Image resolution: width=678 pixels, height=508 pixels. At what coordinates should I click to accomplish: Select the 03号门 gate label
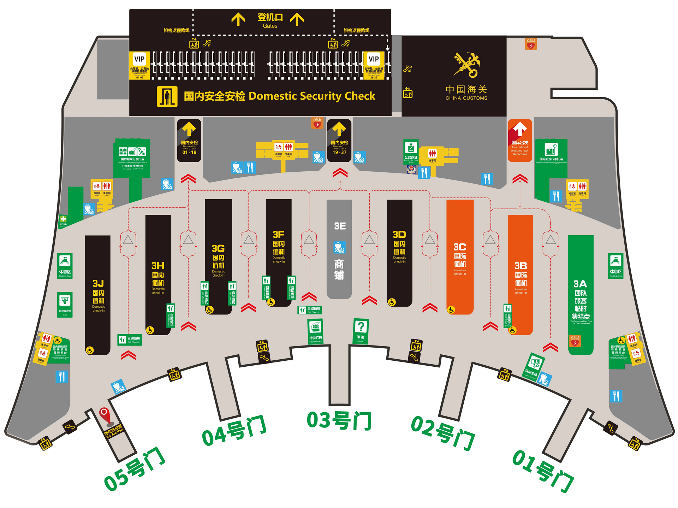point(339,420)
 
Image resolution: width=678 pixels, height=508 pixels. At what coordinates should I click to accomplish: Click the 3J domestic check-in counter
point(98,295)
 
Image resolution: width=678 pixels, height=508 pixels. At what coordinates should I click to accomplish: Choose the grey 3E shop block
point(339,249)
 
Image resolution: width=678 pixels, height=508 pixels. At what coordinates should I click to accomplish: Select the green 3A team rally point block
point(581,295)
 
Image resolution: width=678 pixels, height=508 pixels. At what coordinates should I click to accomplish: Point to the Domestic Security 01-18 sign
point(189,141)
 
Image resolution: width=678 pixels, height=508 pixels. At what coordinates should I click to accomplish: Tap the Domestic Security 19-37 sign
point(339,141)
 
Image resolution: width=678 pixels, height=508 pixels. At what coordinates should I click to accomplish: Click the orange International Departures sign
point(520,141)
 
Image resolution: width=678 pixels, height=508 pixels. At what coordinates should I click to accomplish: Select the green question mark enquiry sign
point(361,331)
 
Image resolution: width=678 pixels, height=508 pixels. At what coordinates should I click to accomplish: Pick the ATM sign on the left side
point(65,304)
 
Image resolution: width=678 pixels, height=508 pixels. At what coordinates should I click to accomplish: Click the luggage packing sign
point(315,331)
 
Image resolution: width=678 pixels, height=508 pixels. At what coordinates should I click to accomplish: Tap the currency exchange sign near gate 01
point(535,366)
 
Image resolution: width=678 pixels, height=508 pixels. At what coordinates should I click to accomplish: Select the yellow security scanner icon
point(167,96)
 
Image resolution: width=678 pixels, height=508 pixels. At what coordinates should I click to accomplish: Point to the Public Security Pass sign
point(411,152)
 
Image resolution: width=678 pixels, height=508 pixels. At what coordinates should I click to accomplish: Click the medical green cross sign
point(63,220)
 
